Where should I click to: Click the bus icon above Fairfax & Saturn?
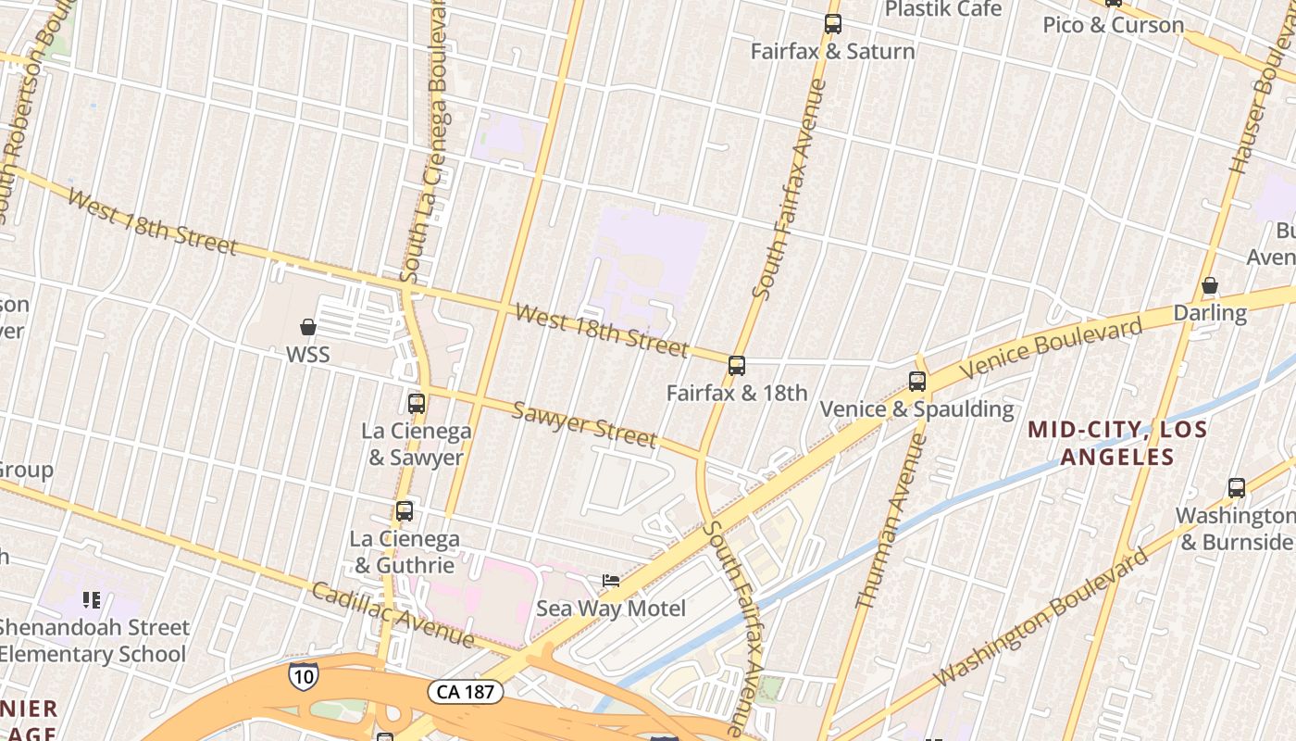[x=833, y=24]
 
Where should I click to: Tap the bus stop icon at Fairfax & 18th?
[x=737, y=366]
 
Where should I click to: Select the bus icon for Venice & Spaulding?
[x=916, y=381]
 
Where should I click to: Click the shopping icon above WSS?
[x=308, y=327]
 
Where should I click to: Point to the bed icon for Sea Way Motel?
[x=611, y=581]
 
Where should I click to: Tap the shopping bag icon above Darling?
[x=1209, y=286]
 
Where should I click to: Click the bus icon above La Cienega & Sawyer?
[x=417, y=404]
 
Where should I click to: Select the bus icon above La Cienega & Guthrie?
[x=404, y=511]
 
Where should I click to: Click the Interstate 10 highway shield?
[x=302, y=675]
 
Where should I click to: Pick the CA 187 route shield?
[x=466, y=692]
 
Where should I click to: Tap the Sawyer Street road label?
[x=585, y=423]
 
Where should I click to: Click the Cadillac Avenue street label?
[x=393, y=614]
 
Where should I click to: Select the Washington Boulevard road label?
[x=1041, y=618]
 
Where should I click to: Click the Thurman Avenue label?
[x=890, y=522]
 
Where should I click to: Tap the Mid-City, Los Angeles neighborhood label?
[x=1117, y=443]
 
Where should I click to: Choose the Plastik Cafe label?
[x=942, y=9]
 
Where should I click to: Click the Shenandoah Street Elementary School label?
[x=93, y=640]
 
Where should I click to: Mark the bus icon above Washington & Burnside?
[x=1236, y=488]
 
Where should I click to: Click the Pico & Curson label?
[x=1113, y=25]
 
